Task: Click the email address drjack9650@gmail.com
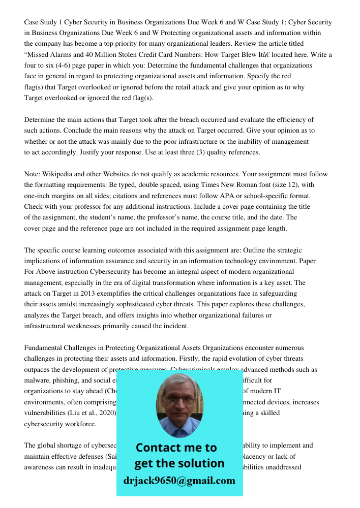179,481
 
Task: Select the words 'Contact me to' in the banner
176,448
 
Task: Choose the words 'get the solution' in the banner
179,463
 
